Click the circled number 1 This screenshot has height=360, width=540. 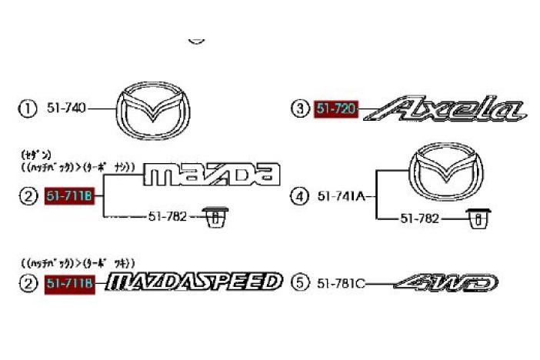(x=28, y=108)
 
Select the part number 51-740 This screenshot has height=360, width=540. (x=67, y=108)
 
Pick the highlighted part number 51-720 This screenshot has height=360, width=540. (x=336, y=109)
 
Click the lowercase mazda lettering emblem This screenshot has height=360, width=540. (x=212, y=175)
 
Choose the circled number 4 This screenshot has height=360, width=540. (x=298, y=197)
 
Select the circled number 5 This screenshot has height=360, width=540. (x=298, y=284)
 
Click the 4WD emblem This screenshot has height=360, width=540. (x=446, y=283)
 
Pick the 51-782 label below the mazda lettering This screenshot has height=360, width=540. (x=167, y=218)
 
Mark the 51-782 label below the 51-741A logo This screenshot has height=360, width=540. (x=418, y=219)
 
